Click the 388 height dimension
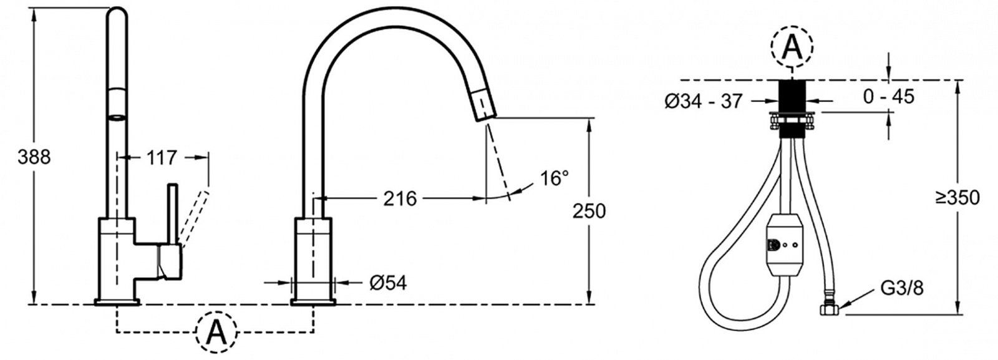[34, 157]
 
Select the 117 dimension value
[162, 157]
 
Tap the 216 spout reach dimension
[400, 198]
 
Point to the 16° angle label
[555, 178]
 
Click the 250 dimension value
[589, 211]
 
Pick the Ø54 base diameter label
[388, 283]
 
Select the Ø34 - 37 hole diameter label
[704, 101]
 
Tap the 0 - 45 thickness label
[889, 96]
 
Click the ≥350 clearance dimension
[957, 197]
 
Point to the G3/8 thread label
[902, 288]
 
